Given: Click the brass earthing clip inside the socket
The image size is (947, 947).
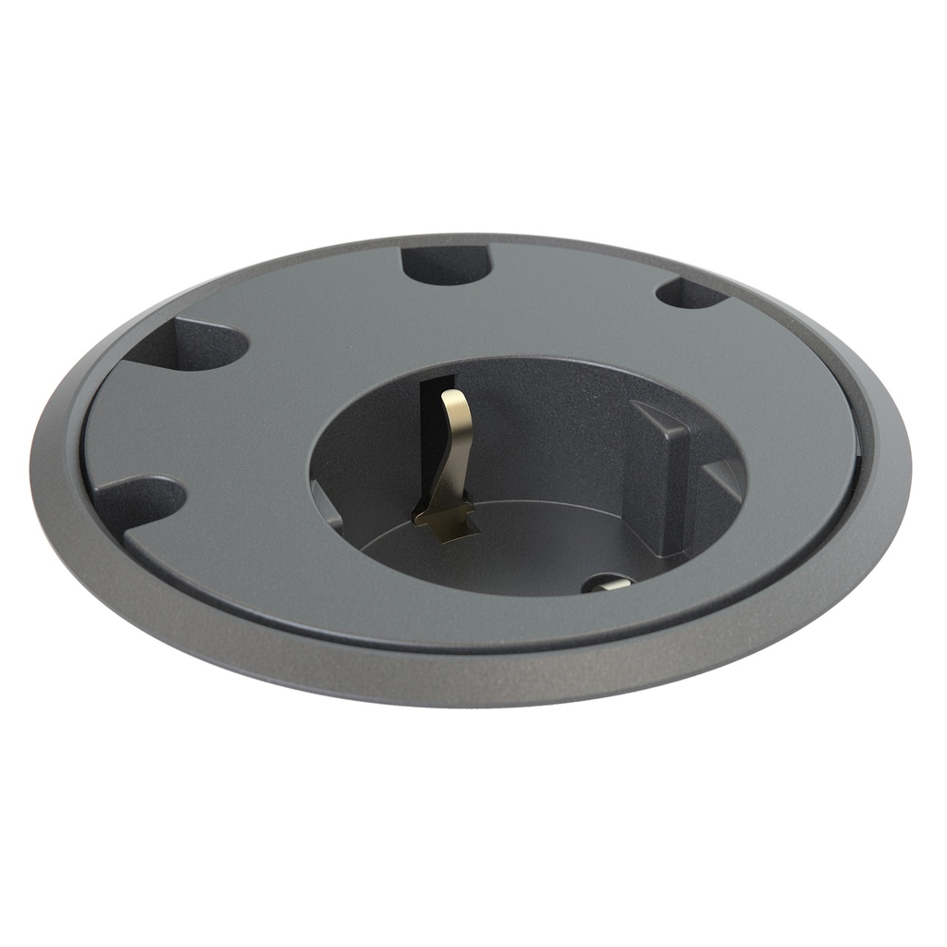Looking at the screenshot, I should (x=452, y=462).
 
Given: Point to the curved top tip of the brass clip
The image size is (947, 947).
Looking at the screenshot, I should (x=455, y=400).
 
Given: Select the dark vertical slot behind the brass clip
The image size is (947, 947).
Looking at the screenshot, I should (x=430, y=435).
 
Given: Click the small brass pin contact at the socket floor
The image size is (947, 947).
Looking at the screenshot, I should (x=609, y=584).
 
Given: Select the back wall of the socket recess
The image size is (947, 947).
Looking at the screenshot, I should (x=546, y=416).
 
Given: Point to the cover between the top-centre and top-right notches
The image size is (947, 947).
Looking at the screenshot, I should (x=573, y=277).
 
